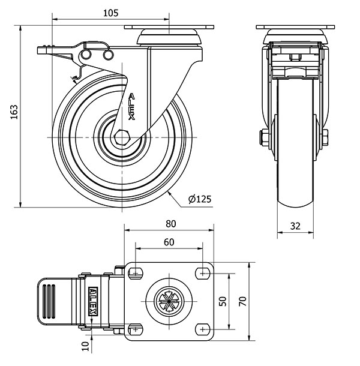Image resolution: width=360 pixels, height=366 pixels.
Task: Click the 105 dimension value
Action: pos(110,13)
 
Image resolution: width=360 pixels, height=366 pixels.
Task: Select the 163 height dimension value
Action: pos(14,112)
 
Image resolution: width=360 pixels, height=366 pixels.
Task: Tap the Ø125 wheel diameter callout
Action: pos(200,199)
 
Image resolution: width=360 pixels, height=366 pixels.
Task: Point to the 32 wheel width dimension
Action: pos(295,226)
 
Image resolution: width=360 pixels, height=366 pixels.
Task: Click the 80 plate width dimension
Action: pos(170,224)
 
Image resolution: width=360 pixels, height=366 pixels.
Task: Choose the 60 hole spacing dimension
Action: pos(169,242)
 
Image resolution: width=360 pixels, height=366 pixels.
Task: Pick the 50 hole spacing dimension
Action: pos(223,301)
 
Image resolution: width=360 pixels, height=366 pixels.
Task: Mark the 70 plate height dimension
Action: pos(242,301)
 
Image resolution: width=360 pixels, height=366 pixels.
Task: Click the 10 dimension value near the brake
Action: pos(85,346)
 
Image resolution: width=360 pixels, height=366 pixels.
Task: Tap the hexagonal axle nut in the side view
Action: pos(122,137)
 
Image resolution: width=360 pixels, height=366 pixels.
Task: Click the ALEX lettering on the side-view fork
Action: pos(132,107)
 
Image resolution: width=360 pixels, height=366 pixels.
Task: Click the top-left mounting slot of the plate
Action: pos(136,272)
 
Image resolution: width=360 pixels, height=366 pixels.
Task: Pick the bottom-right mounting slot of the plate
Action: pos(202,329)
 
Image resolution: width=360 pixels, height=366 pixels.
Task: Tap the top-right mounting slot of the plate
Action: pos(202,273)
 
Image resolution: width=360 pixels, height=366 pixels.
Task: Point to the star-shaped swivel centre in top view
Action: pos(169,301)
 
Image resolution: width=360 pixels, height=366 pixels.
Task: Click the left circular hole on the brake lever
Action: pos(86,55)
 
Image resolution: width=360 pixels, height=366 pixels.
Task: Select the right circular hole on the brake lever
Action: pos(108,55)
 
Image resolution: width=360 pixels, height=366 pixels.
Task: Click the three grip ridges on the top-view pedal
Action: pos(49,301)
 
